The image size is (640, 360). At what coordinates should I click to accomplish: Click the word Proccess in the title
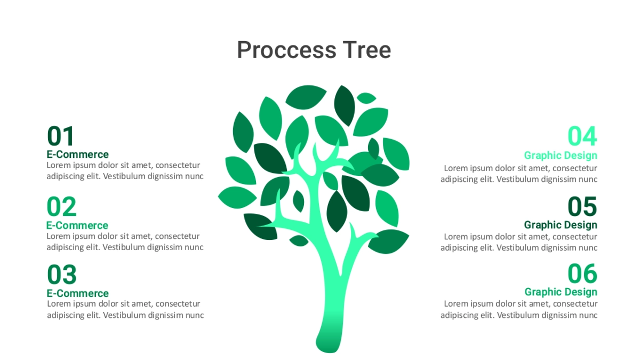[x=286, y=50]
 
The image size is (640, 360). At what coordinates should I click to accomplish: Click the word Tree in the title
[x=367, y=50]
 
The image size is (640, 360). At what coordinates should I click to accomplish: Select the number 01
[x=61, y=136]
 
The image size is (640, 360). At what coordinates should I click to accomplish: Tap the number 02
[x=61, y=206]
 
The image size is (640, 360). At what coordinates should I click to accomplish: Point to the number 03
[x=62, y=275]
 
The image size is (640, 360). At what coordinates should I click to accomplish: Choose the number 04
[x=582, y=136]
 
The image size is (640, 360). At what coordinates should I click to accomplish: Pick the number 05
[x=582, y=206]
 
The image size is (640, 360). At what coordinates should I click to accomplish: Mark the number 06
[x=582, y=274]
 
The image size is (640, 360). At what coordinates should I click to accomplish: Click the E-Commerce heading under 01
[x=78, y=155]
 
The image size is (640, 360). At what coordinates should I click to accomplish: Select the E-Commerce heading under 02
[x=77, y=226]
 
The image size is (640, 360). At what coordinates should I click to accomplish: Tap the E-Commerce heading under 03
[x=78, y=293]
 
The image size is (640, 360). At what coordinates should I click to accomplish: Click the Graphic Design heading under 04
[x=561, y=156]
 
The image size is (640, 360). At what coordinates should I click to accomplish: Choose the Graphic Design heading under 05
[x=561, y=225]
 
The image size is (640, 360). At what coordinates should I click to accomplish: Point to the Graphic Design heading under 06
[x=561, y=292]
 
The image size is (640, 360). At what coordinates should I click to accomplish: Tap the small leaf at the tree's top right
[x=366, y=98]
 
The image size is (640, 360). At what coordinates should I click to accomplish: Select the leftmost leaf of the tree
[x=237, y=197]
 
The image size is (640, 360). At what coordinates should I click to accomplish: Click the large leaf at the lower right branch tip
[x=388, y=242]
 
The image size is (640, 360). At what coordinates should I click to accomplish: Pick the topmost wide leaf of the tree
[x=306, y=97]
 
